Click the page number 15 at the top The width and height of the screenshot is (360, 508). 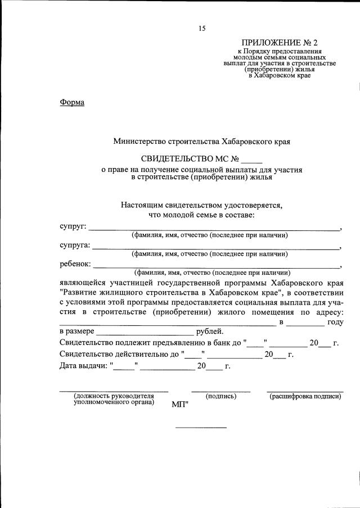201,28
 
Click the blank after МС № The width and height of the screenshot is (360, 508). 252,160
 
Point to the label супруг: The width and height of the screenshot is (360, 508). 73,226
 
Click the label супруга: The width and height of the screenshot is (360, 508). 75,246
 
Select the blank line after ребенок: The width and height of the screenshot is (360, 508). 217,267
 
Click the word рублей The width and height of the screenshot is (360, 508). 209,331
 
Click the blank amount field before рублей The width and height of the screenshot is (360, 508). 145,333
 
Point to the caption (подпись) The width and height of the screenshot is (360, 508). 221,396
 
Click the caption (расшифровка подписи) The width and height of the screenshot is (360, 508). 305,396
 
